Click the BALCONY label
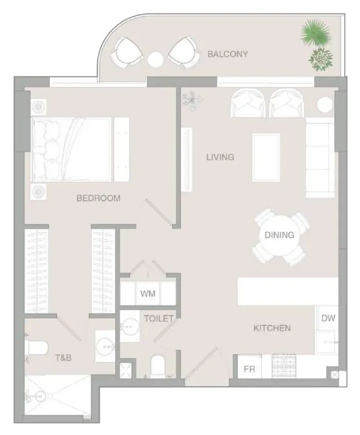pyautogui.click(x=227, y=54)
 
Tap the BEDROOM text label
pyautogui.click(x=98, y=198)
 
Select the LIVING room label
pyautogui.click(x=220, y=157)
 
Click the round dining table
pyautogui.click(x=279, y=236)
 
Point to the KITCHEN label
pyautogui.click(x=272, y=328)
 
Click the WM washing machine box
pyautogui.click(x=148, y=294)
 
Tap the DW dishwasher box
pyautogui.click(x=328, y=318)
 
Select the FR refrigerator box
pyautogui.click(x=249, y=369)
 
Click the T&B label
pyautogui.click(x=63, y=358)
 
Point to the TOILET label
pyautogui.click(x=159, y=318)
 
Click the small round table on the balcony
pyautogui.click(x=156, y=59)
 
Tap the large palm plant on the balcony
pyautogui.click(x=315, y=34)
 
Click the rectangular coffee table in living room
pyautogui.click(x=266, y=158)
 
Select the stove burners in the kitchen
pyautogui.click(x=284, y=366)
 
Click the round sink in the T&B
pyautogui.click(x=105, y=346)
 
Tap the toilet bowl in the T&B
pyautogui.click(x=37, y=348)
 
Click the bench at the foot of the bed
pyautogui.click(x=122, y=150)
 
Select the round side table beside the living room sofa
pyautogui.click(x=325, y=105)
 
